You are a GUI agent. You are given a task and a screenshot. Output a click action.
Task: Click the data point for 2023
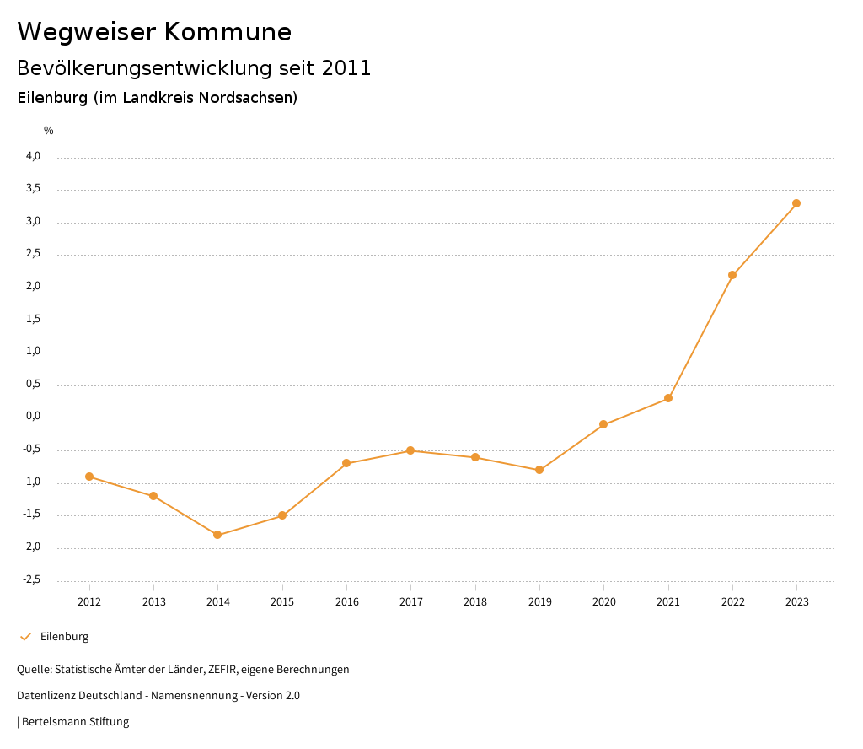pos(796,203)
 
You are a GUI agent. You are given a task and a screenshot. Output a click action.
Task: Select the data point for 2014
pos(217,535)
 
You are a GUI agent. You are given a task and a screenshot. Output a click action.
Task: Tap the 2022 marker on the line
pos(732,275)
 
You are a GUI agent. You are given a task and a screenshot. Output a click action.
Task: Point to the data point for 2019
pos(539,470)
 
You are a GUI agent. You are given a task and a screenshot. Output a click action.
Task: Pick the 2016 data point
pos(346,463)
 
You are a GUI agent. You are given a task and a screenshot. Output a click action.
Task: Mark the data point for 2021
pos(668,398)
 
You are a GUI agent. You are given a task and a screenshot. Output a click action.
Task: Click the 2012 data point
pos(89,477)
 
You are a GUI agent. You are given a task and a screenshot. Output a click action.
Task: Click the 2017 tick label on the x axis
pos(410,602)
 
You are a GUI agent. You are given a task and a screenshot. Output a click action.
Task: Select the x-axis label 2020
pos(603,602)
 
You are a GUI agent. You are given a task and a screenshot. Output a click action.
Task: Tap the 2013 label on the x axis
pos(153,602)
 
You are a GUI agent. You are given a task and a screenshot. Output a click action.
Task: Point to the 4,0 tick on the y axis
pos(33,156)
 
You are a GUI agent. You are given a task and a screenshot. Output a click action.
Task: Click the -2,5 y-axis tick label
pos(31,579)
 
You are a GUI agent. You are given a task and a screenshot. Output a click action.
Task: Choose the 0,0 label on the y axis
pos(33,417)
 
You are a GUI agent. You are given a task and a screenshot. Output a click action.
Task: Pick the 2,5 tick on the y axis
pos(33,254)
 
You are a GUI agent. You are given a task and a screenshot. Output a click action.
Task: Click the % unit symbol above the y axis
pos(49,131)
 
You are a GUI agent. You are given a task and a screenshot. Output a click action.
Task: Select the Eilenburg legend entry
pos(64,637)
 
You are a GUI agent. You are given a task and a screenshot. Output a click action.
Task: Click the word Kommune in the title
pos(228,32)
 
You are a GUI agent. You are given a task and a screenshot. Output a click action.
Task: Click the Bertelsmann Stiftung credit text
pos(75,722)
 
